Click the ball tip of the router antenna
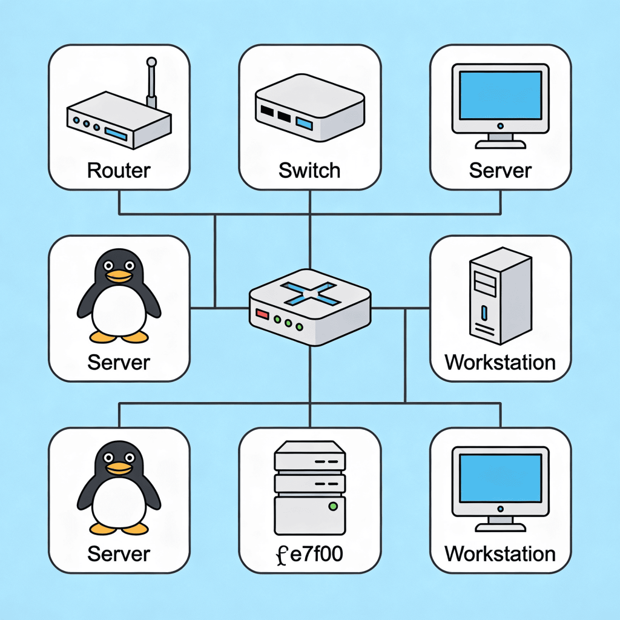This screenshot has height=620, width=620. pyautogui.click(x=151, y=62)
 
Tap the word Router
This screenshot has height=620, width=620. pyautogui.click(x=119, y=170)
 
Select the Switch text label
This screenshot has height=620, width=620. pyautogui.click(x=309, y=170)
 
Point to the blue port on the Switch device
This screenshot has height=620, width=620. pyautogui.click(x=304, y=124)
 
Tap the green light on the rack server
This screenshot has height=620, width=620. pyautogui.click(x=334, y=506)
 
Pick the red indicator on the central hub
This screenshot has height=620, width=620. pyautogui.click(x=262, y=314)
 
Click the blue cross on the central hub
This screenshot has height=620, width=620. pyautogui.click(x=311, y=294)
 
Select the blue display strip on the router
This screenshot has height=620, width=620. pyautogui.click(x=116, y=134)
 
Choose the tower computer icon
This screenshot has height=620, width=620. pyautogui.click(x=500, y=295)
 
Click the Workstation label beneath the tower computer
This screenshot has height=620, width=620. pyautogui.click(x=500, y=362)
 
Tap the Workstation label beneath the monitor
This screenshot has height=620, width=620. pyautogui.click(x=500, y=553)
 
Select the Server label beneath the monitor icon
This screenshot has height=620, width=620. pyautogui.click(x=500, y=170)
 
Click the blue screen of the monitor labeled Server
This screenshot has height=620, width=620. pyautogui.click(x=501, y=95)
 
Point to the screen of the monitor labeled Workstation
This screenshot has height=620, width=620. pyautogui.click(x=501, y=478)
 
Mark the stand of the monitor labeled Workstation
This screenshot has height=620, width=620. pyautogui.click(x=501, y=524)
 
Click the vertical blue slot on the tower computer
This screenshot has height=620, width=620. pyautogui.click(x=484, y=312)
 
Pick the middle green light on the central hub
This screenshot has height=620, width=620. pyautogui.click(x=288, y=323)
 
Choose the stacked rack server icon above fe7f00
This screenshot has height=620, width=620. pyautogui.click(x=309, y=488)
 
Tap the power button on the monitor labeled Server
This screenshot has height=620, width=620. pyautogui.click(x=501, y=126)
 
